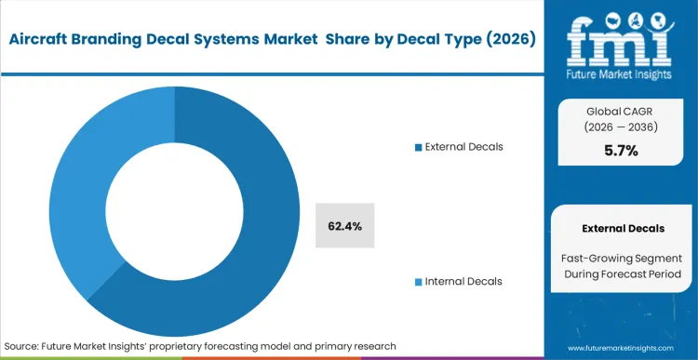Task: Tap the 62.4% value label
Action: pyautogui.click(x=344, y=225)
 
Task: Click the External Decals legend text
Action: pyautogui.click(x=463, y=147)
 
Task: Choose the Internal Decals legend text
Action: pyautogui.click(x=463, y=281)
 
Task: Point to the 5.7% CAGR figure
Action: pyautogui.click(x=621, y=151)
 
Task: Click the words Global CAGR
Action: pyautogui.click(x=621, y=109)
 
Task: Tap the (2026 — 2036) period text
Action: pyautogui.click(x=621, y=127)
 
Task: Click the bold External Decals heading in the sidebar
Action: pyautogui.click(x=623, y=228)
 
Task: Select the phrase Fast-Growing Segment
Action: pyautogui.click(x=623, y=256)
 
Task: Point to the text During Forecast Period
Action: pyautogui.click(x=623, y=273)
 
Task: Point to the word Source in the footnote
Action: pyautogui.click(x=21, y=345)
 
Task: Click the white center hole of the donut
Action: pyautogui.click(x=174, y=202)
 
